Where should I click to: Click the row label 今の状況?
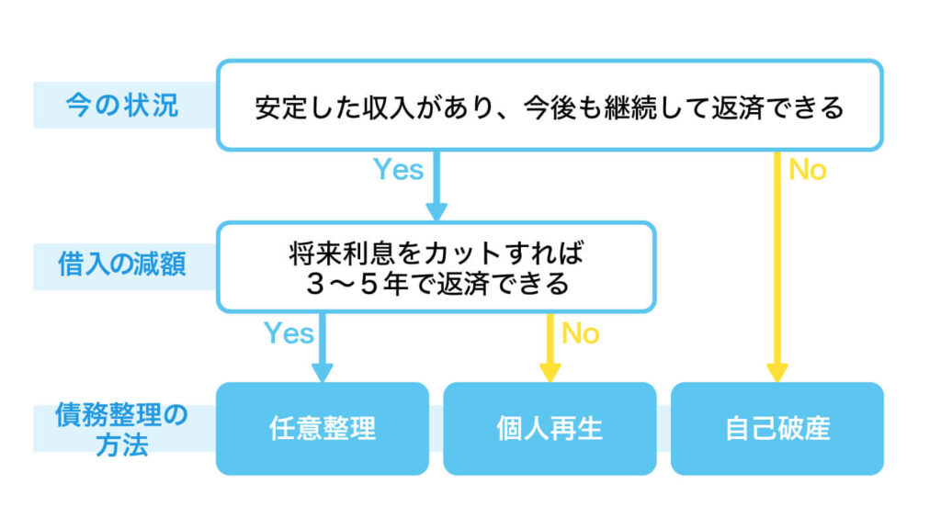(121, 106)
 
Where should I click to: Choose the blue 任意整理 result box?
(322, 428)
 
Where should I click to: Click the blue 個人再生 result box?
(550, 428)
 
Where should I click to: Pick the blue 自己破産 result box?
(777, 428)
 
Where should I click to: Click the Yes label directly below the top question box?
(398, 170)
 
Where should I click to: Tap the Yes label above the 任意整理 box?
(289, 332)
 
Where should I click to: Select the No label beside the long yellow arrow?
(808, 170)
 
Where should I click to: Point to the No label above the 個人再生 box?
(580, 332)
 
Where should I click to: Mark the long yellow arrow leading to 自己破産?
(777, 266)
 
